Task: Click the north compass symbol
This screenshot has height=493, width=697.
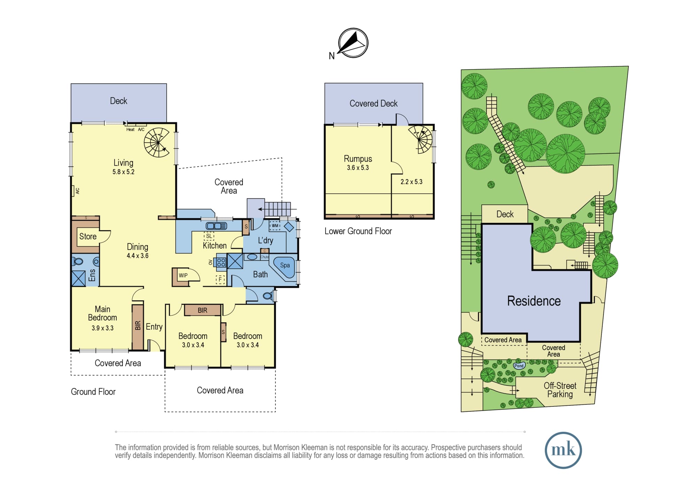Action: coord(353,43)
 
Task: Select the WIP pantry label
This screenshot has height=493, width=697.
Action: coord(183,275)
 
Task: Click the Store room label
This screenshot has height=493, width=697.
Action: coord(88,236)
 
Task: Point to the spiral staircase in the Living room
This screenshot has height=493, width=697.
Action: coord(157,142)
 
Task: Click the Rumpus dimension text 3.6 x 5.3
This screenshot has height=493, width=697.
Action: coord(358,168)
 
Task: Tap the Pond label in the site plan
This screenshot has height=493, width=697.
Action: coord(519,365)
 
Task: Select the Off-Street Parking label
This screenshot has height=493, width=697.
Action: coord(560,390)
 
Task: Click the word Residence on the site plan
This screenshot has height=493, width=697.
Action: coord(534,301)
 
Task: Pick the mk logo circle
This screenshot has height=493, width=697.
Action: coord(563,450)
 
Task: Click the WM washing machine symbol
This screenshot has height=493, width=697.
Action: coord(275,226)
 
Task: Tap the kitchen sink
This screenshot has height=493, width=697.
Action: coord(216,226)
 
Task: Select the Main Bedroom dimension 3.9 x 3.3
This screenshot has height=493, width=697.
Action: coord(102,328)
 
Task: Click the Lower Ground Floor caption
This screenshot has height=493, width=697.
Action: coord(358,231)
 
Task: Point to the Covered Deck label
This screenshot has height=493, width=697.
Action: coord(374,104)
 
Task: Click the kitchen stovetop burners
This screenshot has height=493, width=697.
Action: coord(221,262)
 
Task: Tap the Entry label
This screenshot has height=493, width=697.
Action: coord(154,327)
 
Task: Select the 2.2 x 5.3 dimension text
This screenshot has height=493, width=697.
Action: coord(411,182)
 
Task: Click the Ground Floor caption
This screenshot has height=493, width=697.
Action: coord(93,392)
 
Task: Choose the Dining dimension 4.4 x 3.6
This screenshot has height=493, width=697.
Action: coord(137,256)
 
